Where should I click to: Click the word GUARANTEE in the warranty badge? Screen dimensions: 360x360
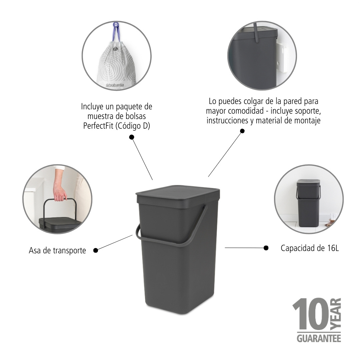pos(319,338)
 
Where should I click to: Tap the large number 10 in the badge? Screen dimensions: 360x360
pos(311,314)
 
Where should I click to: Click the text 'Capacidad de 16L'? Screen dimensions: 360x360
pos(310,248)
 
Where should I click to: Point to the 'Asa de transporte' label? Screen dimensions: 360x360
pos(57,250)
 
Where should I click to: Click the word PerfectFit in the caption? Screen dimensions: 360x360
pos(98,126)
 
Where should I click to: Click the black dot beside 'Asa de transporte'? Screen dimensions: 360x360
pos(96,250)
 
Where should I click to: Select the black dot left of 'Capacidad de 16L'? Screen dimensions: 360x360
pos(266,248)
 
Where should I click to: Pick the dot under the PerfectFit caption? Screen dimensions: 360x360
pos(132,137)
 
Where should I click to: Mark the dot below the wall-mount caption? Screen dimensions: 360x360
pos(242,131)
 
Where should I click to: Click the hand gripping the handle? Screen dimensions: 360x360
pos(59,193)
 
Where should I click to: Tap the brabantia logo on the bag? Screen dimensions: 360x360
pos(115,85)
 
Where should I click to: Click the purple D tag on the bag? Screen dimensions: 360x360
pos(116,24)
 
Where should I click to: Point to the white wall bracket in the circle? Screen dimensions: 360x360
pos(281,58)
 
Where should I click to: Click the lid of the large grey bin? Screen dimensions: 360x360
pos(178,197)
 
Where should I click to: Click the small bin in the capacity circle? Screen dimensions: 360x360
pos(308,203)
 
